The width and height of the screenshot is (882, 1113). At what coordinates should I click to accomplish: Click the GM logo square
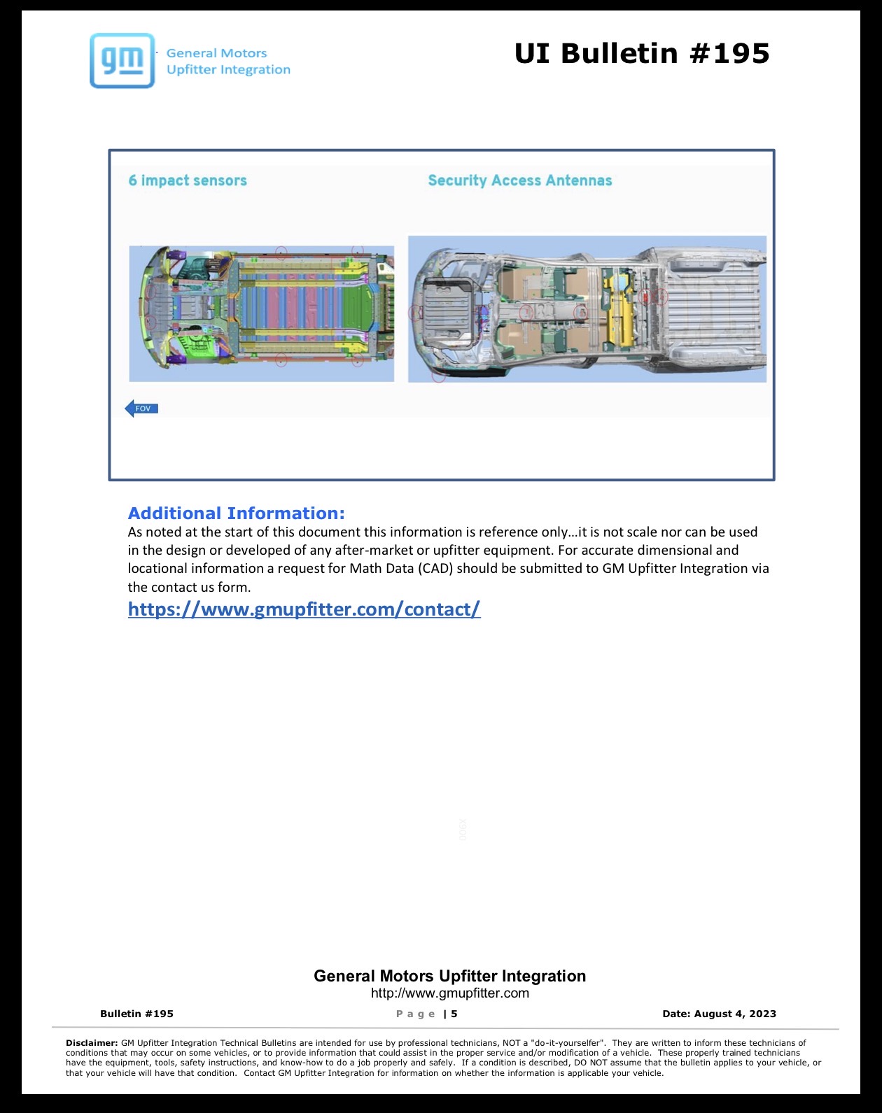(122, 60)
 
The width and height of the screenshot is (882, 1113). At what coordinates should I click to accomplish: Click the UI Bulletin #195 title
(642, 54)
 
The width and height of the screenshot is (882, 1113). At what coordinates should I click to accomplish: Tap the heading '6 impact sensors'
(188, 180)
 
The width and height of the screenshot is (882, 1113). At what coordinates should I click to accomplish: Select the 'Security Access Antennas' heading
(519, 180)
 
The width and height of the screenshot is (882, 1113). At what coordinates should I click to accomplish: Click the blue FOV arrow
(141, 409)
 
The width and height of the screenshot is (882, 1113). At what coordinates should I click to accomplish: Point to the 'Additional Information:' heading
(236, 513)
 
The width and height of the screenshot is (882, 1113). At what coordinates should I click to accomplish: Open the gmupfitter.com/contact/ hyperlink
(304, 609)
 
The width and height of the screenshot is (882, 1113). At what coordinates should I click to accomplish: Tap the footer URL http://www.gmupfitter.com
(450, 993)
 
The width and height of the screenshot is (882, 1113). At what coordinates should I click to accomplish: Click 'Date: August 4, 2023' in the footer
(719, 1014)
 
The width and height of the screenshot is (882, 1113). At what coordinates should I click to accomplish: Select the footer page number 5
(454, 1014)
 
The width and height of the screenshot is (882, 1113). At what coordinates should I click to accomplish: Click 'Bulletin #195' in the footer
(136, 1014)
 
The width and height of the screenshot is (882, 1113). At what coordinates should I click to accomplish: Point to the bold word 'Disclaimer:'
(92, 1043)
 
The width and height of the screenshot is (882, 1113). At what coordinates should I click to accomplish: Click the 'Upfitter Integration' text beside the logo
(228, 70)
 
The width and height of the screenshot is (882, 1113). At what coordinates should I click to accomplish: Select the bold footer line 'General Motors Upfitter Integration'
(450, 976)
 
